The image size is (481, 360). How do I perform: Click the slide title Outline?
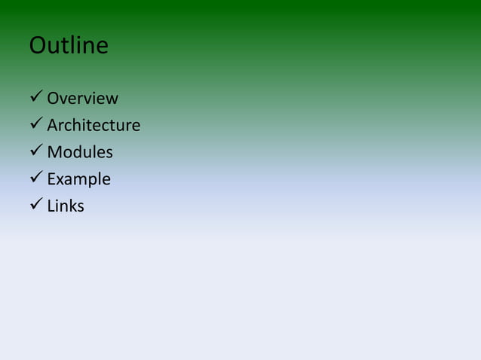69,46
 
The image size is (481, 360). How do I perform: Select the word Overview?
82,99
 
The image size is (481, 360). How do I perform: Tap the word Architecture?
93,125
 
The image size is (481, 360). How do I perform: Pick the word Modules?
80,152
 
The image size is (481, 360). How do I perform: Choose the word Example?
78,179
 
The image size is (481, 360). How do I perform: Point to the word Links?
66,206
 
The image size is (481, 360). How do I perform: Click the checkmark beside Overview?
35,98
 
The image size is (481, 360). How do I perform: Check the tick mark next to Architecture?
35,124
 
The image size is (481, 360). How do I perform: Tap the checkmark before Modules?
35,151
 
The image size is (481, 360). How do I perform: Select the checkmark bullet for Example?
35,178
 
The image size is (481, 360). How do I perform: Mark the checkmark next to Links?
35,205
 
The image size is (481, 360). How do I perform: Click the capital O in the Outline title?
38,46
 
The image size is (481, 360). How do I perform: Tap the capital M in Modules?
54,152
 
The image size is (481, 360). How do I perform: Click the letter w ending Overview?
112,99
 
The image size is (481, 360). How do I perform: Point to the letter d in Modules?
78,152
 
